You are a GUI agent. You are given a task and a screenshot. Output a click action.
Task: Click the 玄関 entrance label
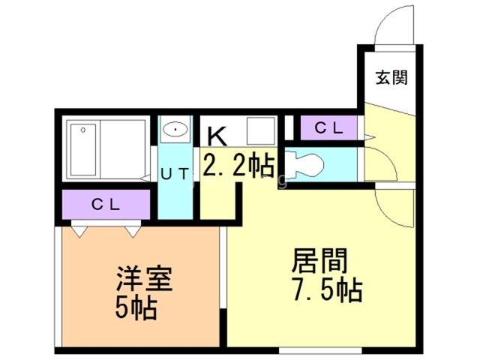click(x=391, y=77)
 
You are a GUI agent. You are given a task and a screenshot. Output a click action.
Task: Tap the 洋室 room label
click(x=144, y=278)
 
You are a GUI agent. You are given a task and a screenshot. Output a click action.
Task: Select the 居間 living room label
click(x=319, y=260)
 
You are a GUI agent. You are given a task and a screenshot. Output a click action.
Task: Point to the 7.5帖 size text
click(x=327, y=290)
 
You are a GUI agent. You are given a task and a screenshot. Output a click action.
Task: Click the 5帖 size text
click(x=136, y=308)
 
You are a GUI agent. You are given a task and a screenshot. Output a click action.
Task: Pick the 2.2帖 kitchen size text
click(x=238, y=166)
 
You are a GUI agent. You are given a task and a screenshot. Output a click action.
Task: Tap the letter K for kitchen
click(x=217, y=136)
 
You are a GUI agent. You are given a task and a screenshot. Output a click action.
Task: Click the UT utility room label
click(x=175, y=175)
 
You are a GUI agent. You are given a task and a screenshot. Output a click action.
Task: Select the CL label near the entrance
click(x=328, y=128)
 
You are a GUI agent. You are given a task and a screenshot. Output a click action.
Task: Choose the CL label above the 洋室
click(x=106, y=205)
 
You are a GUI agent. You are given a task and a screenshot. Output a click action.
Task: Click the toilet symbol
click(x=305, y=166)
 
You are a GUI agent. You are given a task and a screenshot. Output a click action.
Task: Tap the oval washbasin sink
click(x=175, y=130)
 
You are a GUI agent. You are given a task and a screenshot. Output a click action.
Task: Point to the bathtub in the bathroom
click(x=83, y=150)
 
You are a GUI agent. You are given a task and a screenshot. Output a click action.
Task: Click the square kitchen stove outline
click(x=261, y=130)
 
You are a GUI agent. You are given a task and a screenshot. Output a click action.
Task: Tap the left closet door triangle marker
click(x=79, y=232)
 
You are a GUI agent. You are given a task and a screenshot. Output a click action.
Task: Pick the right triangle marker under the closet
click(x=133, y=232)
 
